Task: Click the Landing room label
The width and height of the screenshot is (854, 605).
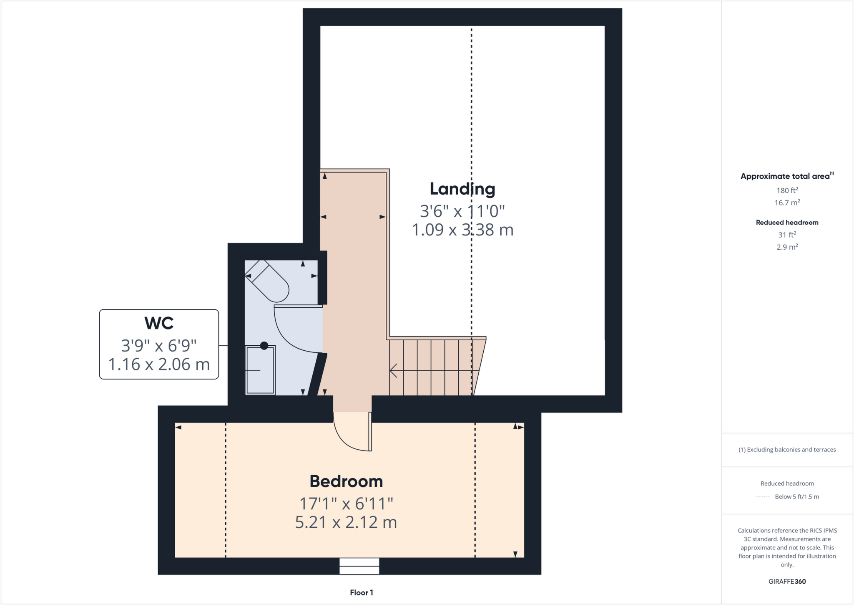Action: click(x=462, y=189)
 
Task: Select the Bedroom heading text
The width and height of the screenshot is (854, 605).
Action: click(x=346, y=481)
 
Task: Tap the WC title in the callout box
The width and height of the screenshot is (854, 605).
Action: click(x=159, y=323)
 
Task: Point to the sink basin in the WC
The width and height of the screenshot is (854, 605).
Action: click(x=260, y=370)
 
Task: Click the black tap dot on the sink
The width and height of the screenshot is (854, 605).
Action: click(x=264, y=346)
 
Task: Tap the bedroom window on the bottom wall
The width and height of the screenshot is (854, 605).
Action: click(x=359, y=566)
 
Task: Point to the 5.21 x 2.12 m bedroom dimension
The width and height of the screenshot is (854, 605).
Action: click(x=346, y=522)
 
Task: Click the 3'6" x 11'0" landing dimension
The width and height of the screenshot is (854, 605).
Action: click(x=462, y=211)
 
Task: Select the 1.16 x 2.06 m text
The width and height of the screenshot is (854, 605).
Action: click(x=159, y=365)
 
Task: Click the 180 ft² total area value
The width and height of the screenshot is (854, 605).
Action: click(x=787, y=190)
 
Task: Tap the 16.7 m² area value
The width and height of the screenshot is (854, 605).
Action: click(x=787, y=203)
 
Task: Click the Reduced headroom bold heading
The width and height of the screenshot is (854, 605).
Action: click(x=787, y=223)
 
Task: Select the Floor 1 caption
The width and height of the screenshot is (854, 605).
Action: click(x=361, y=592)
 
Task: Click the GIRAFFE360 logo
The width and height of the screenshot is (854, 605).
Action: click(x=787, y=582)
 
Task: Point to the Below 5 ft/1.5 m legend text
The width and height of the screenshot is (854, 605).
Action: click(x=796, y=497)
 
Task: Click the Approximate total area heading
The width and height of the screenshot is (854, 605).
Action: click(x=786, y=176)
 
